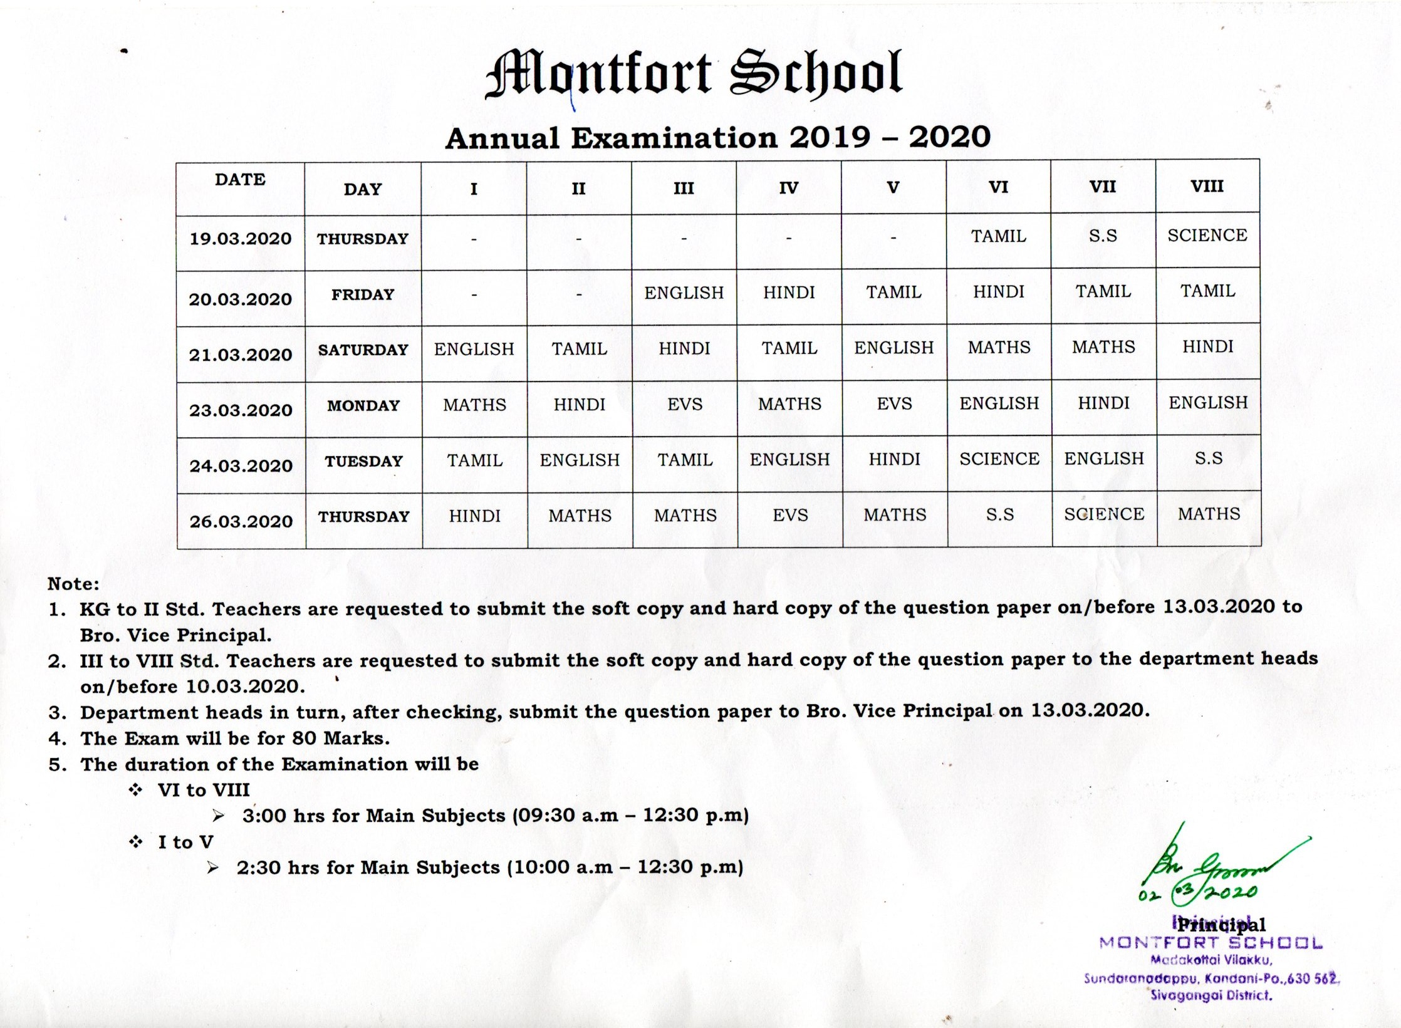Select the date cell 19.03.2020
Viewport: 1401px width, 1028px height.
click(241, 239)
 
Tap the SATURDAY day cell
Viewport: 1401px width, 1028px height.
click(363, 350)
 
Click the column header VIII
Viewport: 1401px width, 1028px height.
click(1207, 186)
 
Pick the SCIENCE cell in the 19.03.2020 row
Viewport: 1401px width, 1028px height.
click(1207, 236)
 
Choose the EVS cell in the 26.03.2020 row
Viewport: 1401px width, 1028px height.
click(790, 515)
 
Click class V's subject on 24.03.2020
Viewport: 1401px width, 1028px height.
click(894, 459)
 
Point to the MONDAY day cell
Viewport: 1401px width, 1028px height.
click(363, 405)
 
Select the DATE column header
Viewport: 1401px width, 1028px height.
click(240, 179)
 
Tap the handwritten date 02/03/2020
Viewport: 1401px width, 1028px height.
click(1197, 893)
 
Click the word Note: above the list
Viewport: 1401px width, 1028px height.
click(73, 584)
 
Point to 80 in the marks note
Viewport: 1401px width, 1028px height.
click(304, 738)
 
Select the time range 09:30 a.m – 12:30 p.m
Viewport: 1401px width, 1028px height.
click(630, 815)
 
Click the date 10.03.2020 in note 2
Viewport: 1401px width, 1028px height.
click(245, 687)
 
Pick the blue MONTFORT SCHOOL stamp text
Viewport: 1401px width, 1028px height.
click(1211, 943)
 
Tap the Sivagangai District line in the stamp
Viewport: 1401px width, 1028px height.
click(1211, 995)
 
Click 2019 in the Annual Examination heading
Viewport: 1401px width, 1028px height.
click(830, 137)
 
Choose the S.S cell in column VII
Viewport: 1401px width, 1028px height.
click(1103, 236)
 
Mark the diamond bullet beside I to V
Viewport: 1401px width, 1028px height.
click(135, 842)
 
